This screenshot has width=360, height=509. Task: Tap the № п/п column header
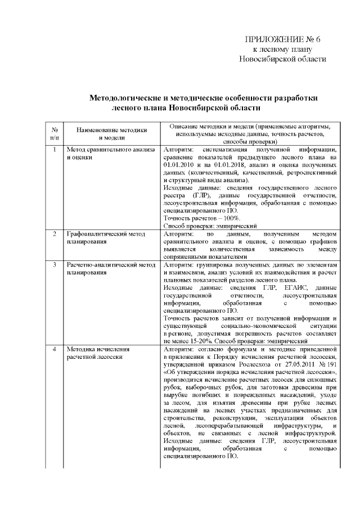[x=54, y=133]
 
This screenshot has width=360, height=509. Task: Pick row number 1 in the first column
[x=54, y=150]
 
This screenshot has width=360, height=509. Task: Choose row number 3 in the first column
[x=54, y=264]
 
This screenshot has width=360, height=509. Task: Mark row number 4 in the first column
[x=54, y=349]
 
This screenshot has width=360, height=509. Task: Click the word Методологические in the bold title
[x=129, y=97]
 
